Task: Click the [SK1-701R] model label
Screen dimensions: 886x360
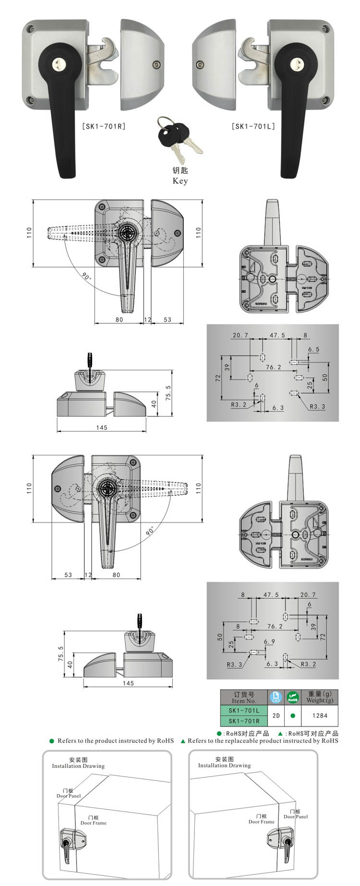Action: click(x=104, y=127)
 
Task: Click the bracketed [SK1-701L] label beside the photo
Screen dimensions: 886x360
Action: click(x=253, y=127)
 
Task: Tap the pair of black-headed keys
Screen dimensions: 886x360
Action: click(x=178, y=137)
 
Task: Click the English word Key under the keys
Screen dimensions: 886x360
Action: click(x=180, y=181)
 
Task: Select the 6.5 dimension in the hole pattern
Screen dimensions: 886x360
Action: click(x=313, y=350)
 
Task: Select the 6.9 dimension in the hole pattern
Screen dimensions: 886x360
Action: click(x=269, y=642)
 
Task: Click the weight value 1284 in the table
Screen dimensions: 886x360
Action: click(x=320, y=716)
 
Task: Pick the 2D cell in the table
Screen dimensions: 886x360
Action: click(x=276, y=716)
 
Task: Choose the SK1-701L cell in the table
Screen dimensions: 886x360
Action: click(x=244, y=710)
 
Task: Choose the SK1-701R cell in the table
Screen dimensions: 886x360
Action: click(x=244, y=721)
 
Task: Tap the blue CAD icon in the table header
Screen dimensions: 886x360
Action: click(x=276, y=697)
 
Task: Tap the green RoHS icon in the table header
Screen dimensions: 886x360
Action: click(x=293, y=697)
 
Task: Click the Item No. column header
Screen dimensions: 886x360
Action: click(x=244, y=697)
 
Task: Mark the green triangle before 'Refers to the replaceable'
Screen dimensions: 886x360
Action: click(x=183, y=741)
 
